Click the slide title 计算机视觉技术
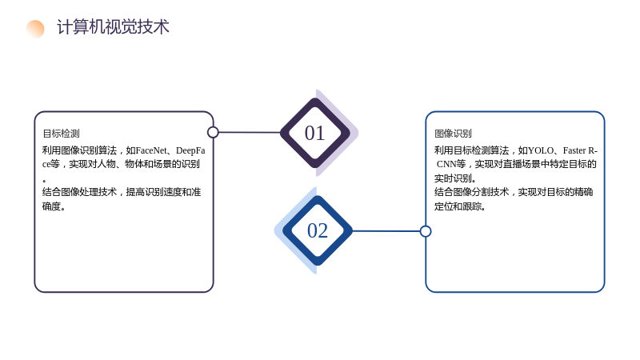point(113,27)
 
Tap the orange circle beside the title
point(35,29)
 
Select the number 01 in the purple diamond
point(314,133)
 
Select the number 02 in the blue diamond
point(318,230)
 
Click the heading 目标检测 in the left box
point(62,134)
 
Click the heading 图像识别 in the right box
point(453,134)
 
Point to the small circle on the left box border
point(213,132)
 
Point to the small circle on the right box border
point(426,231)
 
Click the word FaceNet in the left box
point(151,150)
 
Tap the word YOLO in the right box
point(541,150)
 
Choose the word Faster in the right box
point(574,150)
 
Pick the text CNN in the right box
point(446,164)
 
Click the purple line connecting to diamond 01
point(250,132)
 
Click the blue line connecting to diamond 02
point(386,231)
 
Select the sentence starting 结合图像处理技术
point(122,199)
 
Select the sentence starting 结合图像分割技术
point(514,199)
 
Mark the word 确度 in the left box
point(51,206)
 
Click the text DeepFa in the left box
point(190,150)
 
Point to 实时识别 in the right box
point(453,178)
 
